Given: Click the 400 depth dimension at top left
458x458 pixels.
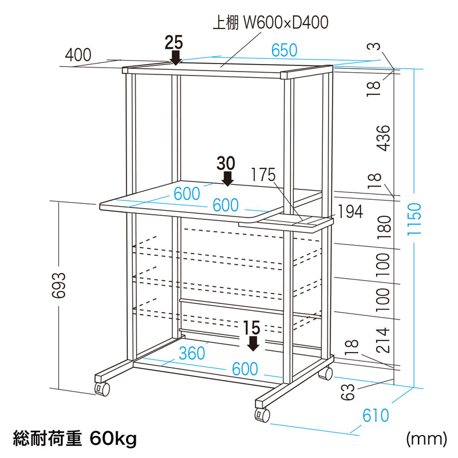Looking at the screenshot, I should pos(78,56).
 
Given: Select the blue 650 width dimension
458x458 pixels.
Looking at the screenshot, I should pos(285,50).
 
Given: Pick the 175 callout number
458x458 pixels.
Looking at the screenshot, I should pos(263,175).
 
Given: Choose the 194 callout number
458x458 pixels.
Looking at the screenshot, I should pos(350,212).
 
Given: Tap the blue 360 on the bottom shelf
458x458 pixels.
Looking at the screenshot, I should pos(192,353).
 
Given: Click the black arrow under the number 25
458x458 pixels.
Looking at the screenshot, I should pos(176,57).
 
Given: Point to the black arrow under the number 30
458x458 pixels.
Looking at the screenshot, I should pos(228,179).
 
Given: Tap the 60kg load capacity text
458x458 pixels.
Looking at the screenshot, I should pos(113,439).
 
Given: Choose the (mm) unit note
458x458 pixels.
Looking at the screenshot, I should pos(426,439).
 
